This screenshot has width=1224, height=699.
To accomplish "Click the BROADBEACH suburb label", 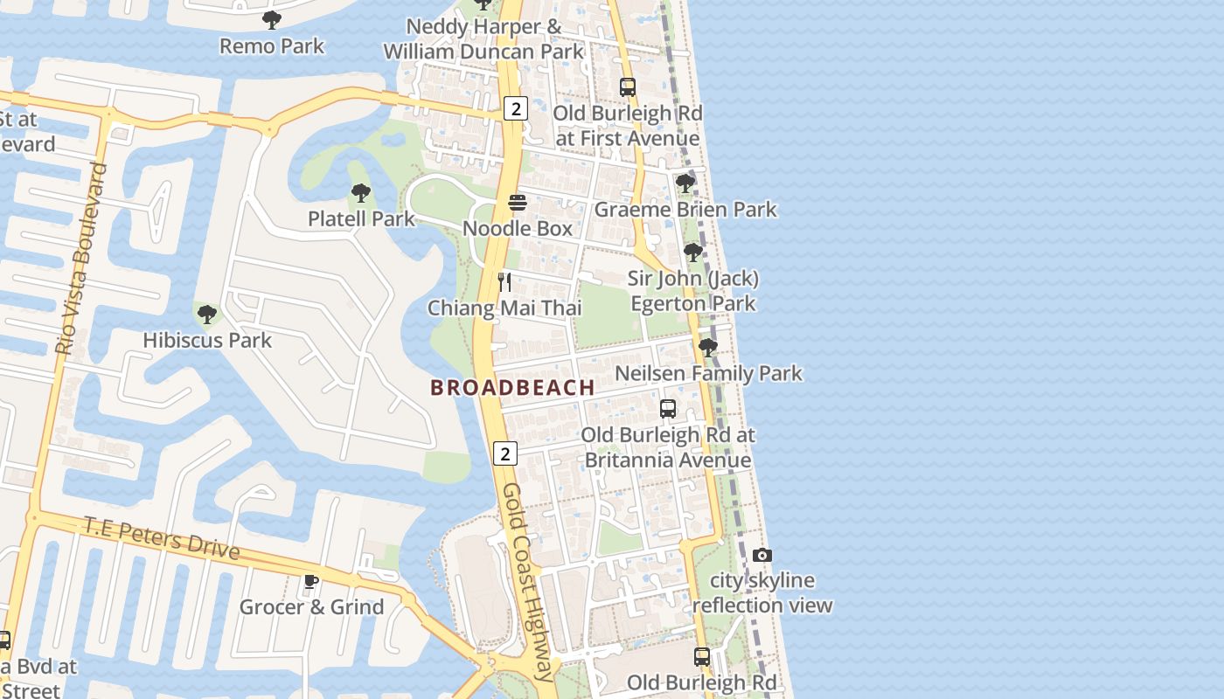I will point(512,387).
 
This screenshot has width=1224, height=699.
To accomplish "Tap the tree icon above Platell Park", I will point(360,193).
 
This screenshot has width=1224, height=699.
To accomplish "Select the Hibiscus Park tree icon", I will point(207,314).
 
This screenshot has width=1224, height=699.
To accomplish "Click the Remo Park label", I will point(272,46).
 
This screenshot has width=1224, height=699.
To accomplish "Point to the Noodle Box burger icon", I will point(518,203).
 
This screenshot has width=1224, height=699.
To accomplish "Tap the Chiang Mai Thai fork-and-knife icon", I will point(504,281).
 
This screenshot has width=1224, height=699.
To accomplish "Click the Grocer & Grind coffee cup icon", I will point(310,581).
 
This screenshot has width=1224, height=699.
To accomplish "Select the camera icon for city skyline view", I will point(762,556).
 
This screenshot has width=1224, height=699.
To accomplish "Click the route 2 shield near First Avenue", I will point(516,108).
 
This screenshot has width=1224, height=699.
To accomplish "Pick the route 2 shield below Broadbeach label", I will point(504,453).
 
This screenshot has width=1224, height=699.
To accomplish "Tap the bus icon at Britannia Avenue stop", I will point(668,408).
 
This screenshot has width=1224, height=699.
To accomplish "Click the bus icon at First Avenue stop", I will point(627,87).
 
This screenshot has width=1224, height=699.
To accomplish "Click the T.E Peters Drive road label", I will point(162,537).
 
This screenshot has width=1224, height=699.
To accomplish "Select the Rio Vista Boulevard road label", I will point(81,258).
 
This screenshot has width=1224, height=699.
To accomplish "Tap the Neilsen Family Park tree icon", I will point(707,348).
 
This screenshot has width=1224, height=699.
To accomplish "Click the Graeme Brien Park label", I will point(685,210).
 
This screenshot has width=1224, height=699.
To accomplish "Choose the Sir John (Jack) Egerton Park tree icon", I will point(692,253).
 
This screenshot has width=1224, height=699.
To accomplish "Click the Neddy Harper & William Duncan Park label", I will point(483,39).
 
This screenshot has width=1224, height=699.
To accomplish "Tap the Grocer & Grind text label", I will point(311,607).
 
